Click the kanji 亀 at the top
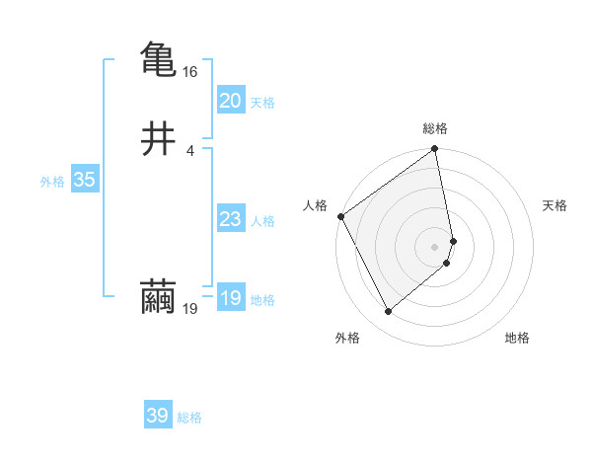point(158,58)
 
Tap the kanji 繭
point(158,297)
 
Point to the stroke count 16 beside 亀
point(190,72)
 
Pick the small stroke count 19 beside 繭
point(190,309)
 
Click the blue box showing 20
point(230,100)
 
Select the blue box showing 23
point(230,219)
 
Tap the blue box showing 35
point(84,180)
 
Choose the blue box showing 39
point(158,416)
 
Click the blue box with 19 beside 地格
point(230,298)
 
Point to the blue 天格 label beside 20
point(262,103)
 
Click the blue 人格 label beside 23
point(262,221)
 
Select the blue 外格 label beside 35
point(52,182)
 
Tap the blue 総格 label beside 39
point(189,418)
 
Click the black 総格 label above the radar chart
point(435,129)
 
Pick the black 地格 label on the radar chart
point(517,339)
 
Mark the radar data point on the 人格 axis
point(340,216)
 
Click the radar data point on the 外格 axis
point(388,312)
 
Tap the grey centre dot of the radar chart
point(435,246)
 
